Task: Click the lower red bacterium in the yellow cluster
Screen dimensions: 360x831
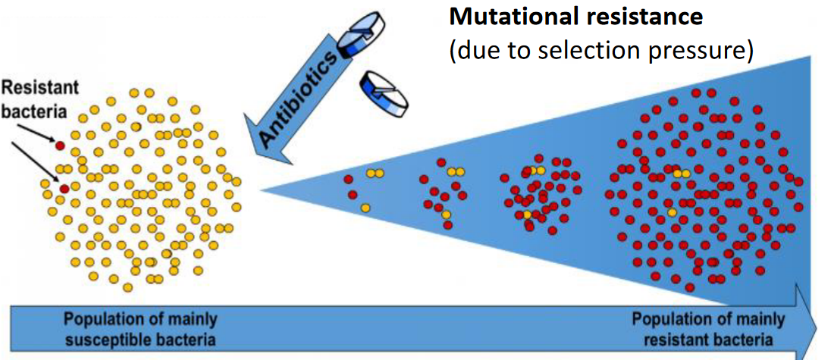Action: tap(64, 188)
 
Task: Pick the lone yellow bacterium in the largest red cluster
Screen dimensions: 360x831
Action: tap(672, 213)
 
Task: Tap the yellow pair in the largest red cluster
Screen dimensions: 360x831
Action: tap(682, 174)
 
